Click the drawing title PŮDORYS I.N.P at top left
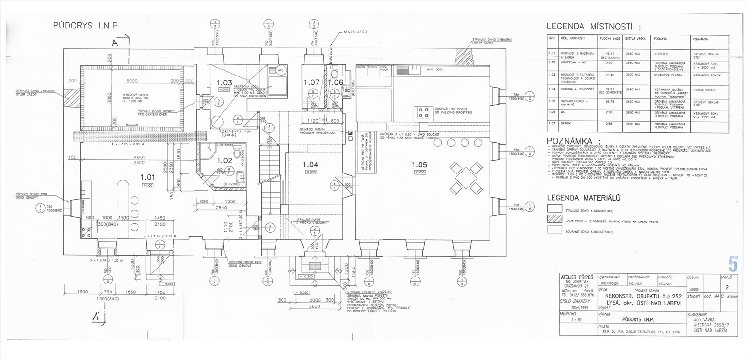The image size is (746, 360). (x=86, y=25)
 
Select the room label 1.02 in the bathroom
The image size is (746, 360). (x=225, y=160)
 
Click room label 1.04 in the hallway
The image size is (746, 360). (x=310, y=165)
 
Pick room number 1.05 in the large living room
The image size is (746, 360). (x=420, y=165)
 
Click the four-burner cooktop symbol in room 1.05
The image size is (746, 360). (x=424, y=111)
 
